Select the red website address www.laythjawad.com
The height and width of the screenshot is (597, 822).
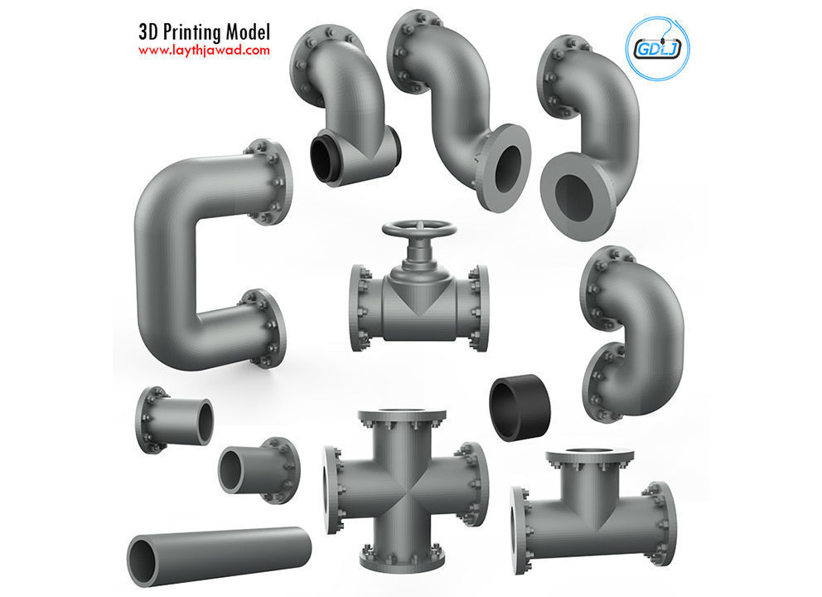204,51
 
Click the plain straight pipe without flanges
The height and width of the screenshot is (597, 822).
219,551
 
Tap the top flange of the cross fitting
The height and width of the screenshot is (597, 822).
402,415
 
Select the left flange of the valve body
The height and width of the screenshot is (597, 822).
360,308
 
